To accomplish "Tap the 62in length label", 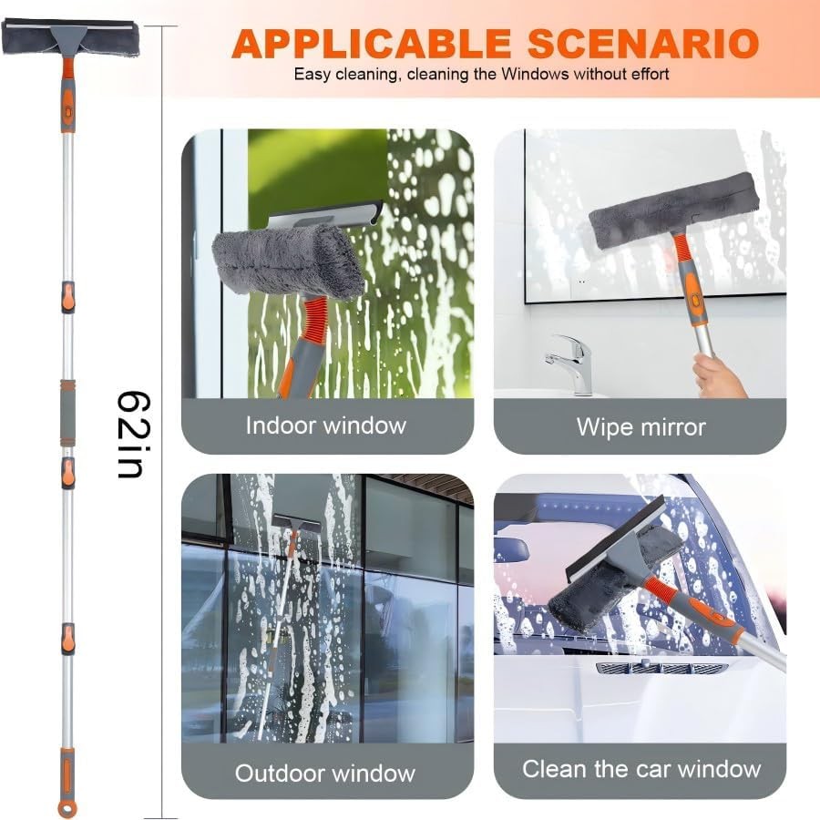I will click(x=134, y=435).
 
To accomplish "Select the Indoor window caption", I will click(x=326, y=425).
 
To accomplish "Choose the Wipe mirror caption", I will click(x=641, y=426).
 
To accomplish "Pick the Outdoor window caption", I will click(x=325, y=774).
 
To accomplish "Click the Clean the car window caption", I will click(x=641, y=769).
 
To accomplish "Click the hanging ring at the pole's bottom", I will click(x=67, y=807).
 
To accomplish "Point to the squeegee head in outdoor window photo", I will click(x=295, y=526).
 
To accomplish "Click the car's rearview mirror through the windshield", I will click(x=513, y=549).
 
